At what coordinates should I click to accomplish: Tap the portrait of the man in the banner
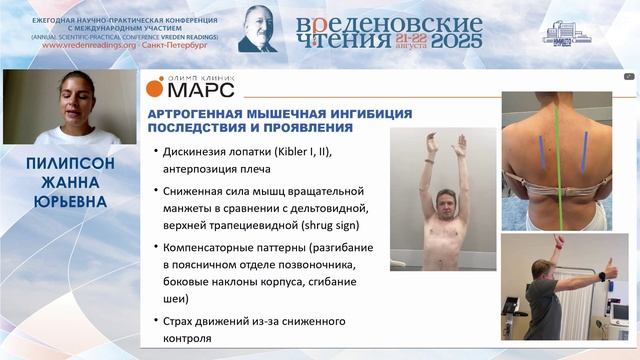point(258,28)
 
